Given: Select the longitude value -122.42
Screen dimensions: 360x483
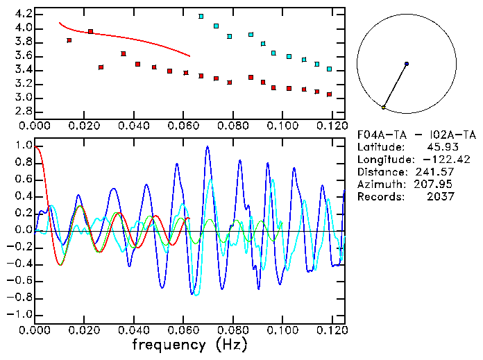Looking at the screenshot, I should (432, 160).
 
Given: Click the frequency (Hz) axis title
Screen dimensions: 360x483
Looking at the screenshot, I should (192, 345).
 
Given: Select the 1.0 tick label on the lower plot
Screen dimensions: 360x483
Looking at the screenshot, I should (23, 146).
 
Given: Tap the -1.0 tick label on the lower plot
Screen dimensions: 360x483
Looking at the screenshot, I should (20, 314).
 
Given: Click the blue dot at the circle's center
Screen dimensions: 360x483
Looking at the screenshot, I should (407, 64).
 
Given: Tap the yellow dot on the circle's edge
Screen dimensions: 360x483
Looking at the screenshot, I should (384, 107).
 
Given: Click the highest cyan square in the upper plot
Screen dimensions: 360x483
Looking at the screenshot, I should (201, 16).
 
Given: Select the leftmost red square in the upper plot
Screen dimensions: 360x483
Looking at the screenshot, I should (69, 40).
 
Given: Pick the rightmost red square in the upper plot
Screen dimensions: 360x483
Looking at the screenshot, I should (330, 94).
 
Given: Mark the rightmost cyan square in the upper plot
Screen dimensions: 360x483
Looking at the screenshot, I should (330, 69).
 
